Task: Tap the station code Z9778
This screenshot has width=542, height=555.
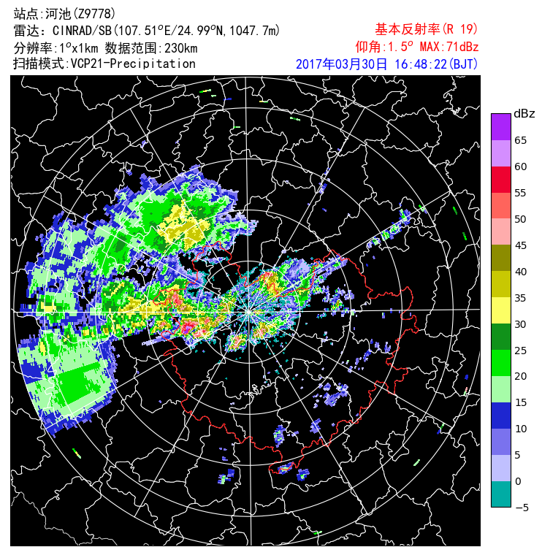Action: (91, 14)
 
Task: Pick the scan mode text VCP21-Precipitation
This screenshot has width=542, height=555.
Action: (133, 64)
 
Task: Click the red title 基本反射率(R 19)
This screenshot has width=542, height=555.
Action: (427, 29)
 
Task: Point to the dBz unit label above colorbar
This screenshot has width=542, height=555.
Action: (524, 114)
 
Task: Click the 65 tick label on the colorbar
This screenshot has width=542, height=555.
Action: (521, 140)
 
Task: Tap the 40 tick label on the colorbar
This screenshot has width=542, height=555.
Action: (521, 272)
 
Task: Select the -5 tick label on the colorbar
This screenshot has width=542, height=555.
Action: (521, 508)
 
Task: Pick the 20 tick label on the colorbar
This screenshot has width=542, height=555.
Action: (521, 376)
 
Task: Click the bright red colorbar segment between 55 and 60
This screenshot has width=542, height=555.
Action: (500, 180)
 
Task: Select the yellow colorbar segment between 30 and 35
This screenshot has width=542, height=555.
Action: (500, 310)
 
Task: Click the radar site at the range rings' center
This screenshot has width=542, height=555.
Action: (249, 311)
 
